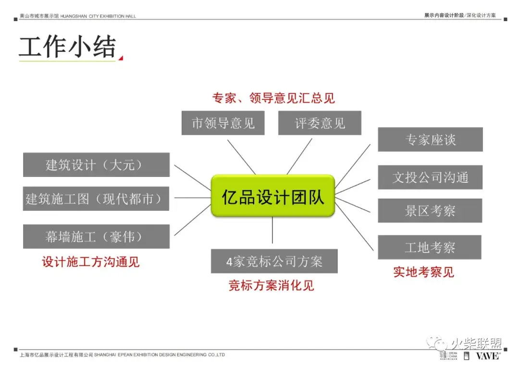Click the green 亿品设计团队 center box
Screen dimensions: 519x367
(272, 196)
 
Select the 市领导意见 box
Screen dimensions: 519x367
(223, 123)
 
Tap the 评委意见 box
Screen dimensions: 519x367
(320, 123)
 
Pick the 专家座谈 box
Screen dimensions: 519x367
(430, 140)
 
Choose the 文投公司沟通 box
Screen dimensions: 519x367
(430, 177)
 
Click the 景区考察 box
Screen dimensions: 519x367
(430, 211)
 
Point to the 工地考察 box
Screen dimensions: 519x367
(430, 247)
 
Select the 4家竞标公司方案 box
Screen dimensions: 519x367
(274, 261)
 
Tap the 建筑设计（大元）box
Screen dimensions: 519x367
(96, 165)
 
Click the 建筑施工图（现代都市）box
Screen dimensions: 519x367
(96, 199)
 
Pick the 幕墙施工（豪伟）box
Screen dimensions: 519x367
(96, 236)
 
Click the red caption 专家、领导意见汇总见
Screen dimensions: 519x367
(273, 98)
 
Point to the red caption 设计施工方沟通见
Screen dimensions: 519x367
(91, 262)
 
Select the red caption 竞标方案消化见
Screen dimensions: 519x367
(271, 285)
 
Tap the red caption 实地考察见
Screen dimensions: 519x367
(423, 272)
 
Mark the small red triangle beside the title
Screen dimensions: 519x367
(121, 58)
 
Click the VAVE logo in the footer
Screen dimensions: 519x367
(487, 356)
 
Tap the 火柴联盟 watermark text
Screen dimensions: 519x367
(476, 343)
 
